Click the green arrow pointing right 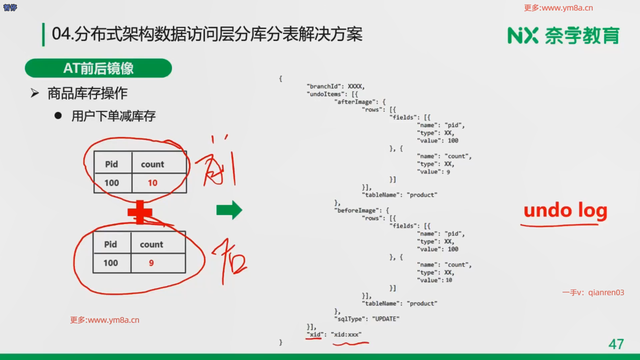229,210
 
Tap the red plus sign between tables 140,212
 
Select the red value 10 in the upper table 152,183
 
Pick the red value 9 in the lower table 151,263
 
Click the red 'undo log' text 565,211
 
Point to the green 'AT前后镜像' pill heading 98,68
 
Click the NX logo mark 523,36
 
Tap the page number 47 616,344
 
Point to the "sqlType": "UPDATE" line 367,319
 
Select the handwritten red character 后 230,262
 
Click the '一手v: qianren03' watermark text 593,292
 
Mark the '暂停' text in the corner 10,7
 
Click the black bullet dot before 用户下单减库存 58,116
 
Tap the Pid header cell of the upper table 112,164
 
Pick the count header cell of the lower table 152,244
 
